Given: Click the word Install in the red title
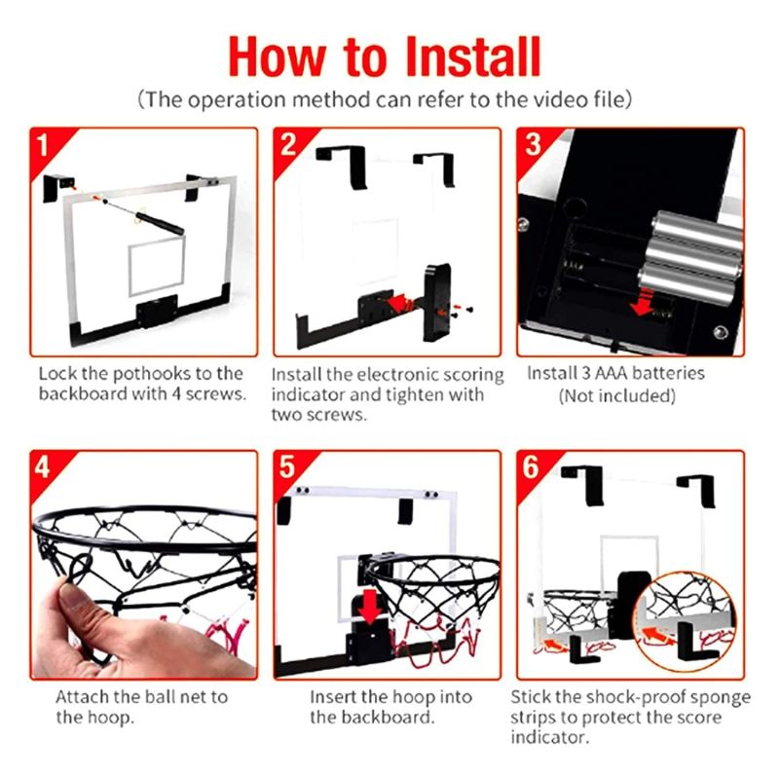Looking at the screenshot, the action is coord(473,56).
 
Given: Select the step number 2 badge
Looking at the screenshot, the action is coord(287,144).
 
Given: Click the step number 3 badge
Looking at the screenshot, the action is coord(532,144).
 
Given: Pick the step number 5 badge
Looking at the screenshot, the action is coord(287,467).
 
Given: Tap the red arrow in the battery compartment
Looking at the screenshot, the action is coord(643,302).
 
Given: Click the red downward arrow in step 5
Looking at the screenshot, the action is coord(370,607).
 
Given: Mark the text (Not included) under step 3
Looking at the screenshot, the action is coord(616,396).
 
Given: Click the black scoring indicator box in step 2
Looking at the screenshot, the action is coord(436,302).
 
